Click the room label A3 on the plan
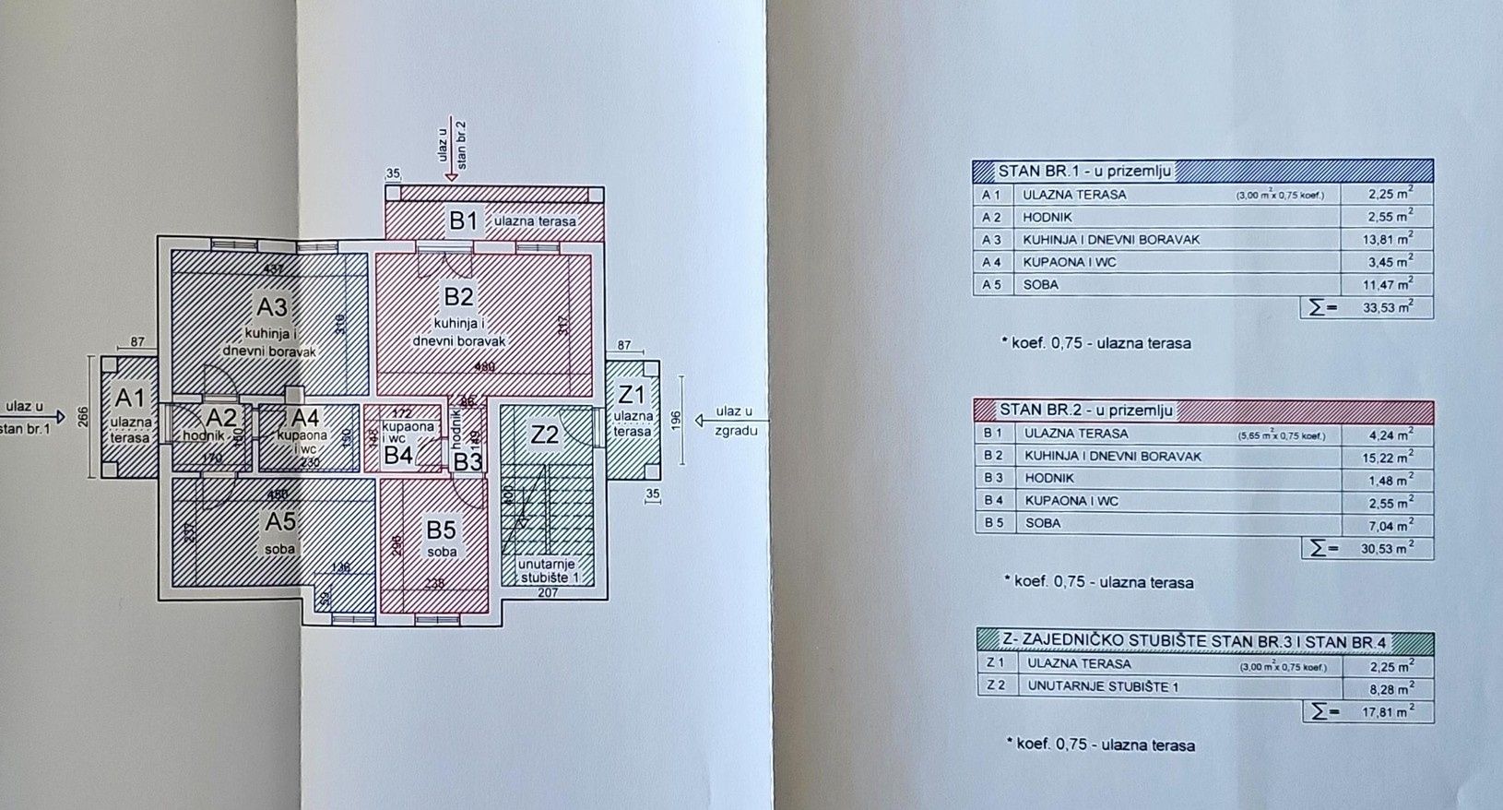[x=272, y=306]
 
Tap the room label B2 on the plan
[x=458, y=297]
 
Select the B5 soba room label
[x=441, y=530]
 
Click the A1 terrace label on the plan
[x=130, y=399]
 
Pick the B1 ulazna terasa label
[x=464, y=221]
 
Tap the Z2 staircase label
[x=544, y=435]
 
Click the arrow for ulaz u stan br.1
[x=57, y=417]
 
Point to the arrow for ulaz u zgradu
[x=703, y=421]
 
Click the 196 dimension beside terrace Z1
[x=675, y=420]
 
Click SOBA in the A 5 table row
[x=1040, y=284]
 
